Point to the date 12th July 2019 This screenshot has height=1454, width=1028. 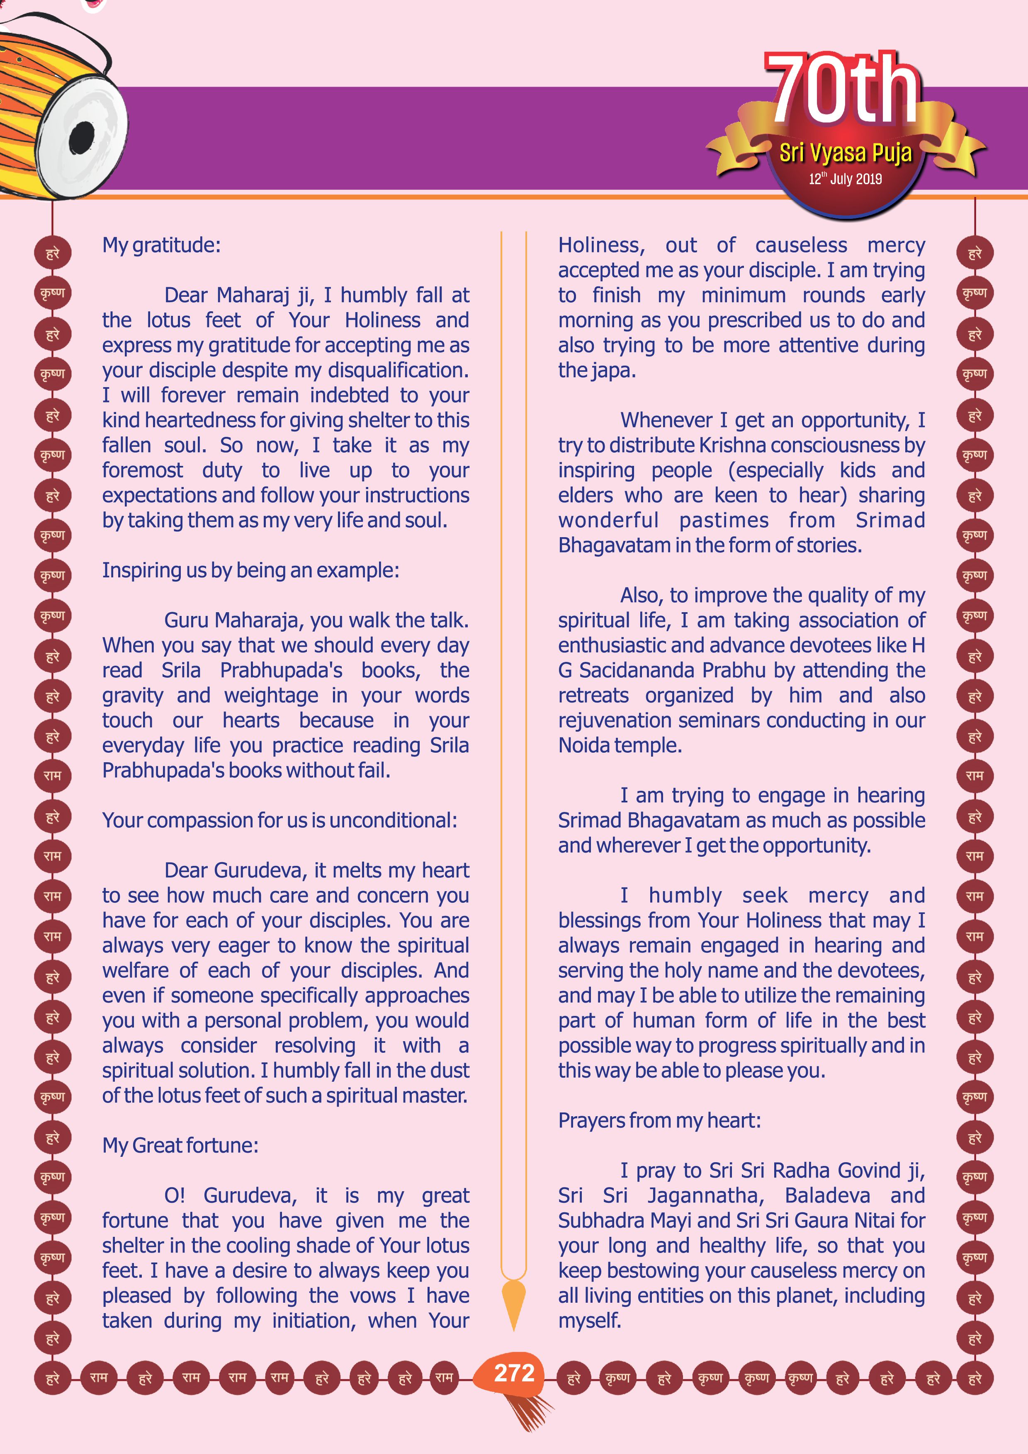(845, 179)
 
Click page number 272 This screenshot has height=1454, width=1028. (514, 1373)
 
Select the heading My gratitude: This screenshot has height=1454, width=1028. (161, 245)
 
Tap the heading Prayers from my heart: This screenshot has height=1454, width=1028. (659, 1121)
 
